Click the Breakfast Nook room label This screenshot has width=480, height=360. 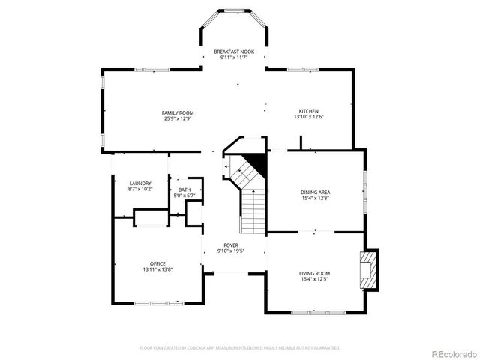(234, 52)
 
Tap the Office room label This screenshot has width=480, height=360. (157, 263)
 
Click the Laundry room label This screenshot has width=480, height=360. (140, 183)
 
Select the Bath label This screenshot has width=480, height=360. (184, 190)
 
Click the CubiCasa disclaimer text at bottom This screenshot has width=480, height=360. (240, 348)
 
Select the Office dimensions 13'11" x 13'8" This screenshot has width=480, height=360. (157, 269)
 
